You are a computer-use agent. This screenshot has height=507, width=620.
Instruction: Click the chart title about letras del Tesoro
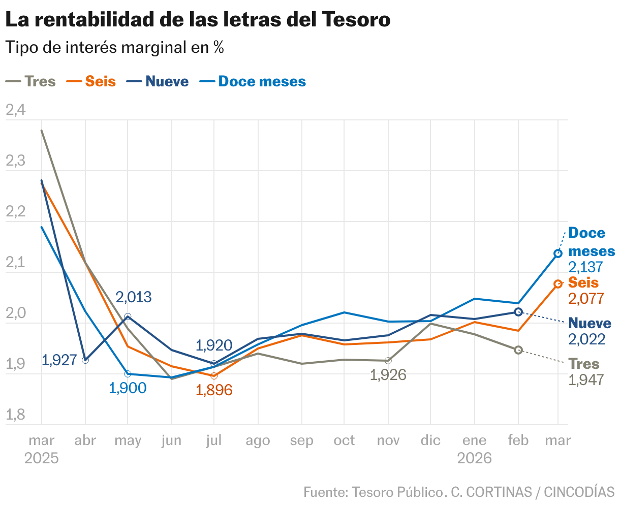198,19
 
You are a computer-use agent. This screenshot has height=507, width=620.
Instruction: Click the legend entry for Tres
31,81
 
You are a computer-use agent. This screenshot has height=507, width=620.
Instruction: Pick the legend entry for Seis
92,81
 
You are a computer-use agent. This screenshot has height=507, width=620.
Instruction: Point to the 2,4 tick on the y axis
15,110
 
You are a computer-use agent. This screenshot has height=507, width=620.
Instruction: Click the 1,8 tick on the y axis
15,415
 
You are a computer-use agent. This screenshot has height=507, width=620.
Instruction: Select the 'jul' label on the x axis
214,440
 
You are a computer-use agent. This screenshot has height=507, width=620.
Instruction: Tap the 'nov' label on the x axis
388,440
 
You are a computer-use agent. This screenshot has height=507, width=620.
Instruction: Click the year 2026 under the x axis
474,458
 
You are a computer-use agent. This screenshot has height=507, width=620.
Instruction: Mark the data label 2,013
133,297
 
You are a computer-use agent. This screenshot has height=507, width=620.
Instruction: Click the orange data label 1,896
214,390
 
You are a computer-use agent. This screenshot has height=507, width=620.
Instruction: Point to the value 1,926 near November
388,375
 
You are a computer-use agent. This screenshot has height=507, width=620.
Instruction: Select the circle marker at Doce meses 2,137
557,253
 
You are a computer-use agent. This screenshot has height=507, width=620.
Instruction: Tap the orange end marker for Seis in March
557,284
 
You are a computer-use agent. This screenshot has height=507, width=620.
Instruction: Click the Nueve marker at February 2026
518,312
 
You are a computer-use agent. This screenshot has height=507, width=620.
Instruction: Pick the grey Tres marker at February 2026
518,350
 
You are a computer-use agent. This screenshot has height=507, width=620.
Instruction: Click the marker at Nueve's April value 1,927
85,360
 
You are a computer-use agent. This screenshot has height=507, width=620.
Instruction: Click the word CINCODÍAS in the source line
579,492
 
